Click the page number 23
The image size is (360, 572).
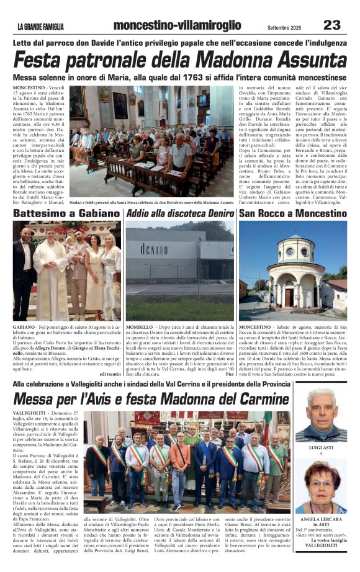(332, 25)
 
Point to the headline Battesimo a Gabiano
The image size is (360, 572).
(59, 214)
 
